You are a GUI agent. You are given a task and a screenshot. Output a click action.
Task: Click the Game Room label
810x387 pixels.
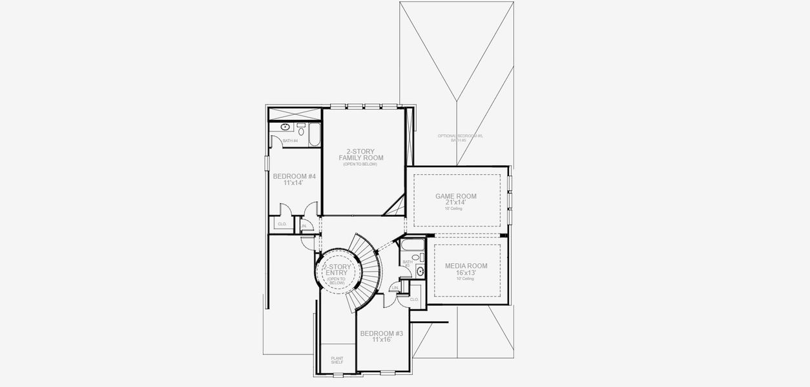[x=457, y=196]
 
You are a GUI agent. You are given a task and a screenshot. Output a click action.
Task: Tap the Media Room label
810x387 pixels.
[x=466, y=266]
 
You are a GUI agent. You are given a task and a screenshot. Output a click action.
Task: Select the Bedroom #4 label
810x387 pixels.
[x=294, y=176]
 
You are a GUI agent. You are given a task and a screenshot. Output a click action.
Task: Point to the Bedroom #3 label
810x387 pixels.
[x=382, y=333]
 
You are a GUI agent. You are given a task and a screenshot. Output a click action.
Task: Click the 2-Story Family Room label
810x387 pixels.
[x=361, y=155]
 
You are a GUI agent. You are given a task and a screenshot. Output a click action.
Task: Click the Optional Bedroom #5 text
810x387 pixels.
[x=460, y=135]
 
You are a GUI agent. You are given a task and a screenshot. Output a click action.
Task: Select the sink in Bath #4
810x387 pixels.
[x=285, y=126]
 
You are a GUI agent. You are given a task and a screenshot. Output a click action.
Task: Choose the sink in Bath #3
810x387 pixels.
[x=421, y=272]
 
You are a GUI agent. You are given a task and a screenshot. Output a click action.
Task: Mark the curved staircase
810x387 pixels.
[x=366, y=271]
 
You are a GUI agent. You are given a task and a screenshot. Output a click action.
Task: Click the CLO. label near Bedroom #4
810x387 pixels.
[x=282, y=224]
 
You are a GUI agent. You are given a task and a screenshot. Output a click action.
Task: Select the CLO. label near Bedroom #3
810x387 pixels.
[x=414, y=299]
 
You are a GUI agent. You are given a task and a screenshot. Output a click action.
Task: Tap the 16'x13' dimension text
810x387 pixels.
[x=466, y=273]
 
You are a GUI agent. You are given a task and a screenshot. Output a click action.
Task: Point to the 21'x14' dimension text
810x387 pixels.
[x=457, y=203]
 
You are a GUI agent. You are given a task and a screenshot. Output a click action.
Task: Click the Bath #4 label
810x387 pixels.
[x=290, y=141]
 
